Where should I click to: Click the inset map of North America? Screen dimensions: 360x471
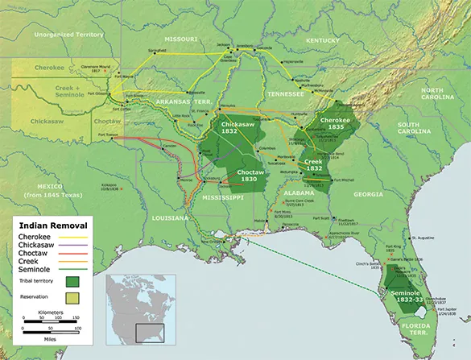(x=134, y=305)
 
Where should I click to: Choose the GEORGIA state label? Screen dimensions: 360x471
(x=369, y=194)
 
